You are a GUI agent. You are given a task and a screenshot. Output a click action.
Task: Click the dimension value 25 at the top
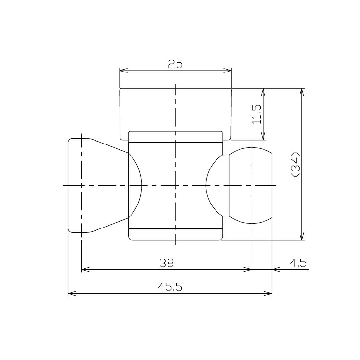[x=176, y=64]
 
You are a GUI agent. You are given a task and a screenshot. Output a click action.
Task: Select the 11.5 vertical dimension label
[x=257, y=114]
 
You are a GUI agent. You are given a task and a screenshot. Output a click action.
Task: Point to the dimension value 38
[x=167, y=263]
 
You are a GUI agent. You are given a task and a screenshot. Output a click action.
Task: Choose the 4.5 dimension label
[x=298, y=263]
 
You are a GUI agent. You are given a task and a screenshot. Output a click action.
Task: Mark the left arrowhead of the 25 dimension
[x=122, y=71]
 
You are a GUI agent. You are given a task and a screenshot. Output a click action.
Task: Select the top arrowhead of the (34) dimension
[x=302, y=92]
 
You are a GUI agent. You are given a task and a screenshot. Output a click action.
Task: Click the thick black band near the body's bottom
[x=176, y=229]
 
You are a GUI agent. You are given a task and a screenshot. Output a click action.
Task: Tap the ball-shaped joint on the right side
[x=250, y=185]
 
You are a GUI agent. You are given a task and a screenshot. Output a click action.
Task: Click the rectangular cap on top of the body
[x=176, y=109]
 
